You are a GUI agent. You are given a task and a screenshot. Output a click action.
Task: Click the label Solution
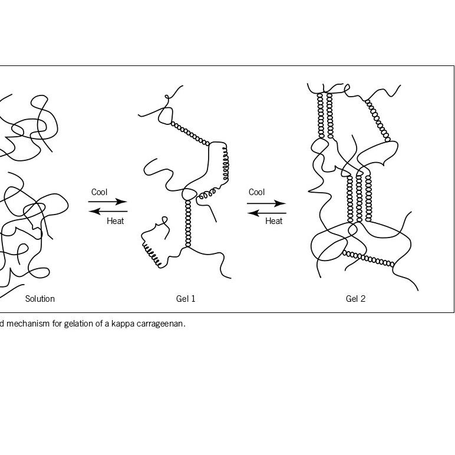click(x=40, y=299)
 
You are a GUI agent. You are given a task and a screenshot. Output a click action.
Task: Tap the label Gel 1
click(x=186, y=299)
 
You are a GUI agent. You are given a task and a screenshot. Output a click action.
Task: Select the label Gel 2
click(x=355, y=299)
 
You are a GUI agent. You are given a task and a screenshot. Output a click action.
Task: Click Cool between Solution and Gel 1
click(x=100, y=192)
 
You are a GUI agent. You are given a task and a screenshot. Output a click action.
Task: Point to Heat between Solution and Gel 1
click(x=116, y=222)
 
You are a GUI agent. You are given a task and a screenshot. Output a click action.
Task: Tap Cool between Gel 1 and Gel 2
click(x=257, y=192)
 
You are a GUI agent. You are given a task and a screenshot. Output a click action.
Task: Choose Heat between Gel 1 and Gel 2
click(x=274, y=222)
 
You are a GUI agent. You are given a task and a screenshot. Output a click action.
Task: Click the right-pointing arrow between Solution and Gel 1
click(x=108, y=202)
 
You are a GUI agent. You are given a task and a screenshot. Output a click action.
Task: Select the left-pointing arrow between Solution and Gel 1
click(x=108, y=211)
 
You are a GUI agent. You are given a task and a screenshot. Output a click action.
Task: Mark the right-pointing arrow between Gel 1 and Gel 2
click(x=266, y=203)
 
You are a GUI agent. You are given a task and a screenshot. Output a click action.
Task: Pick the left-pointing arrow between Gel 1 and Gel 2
click(x=266, y=213)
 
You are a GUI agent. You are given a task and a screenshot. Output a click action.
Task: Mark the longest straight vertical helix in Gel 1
click(x=188, y=224)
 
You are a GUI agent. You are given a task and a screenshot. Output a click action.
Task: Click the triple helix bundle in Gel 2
click(x=359, y=197)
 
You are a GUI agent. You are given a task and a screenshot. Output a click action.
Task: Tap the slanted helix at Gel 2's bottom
click(x=368, y=258)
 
